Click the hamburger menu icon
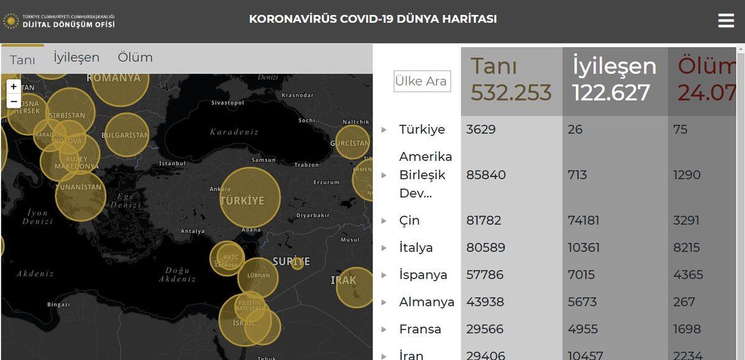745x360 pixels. tap(726, 20)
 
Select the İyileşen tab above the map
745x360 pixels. tap(76, 57)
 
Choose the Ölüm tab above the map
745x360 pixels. tap(135, 57)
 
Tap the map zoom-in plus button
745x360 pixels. tap(14, 87)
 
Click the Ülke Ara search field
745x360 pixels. tap(421, 81)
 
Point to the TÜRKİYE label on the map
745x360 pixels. tap(242, 201)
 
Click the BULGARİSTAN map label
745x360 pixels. tap(125, 135)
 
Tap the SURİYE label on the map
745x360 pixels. tap(291, 261)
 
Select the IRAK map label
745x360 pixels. tap(343, 281)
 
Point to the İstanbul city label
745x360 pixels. tap(173, 163)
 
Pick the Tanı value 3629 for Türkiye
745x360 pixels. tap(481, 130)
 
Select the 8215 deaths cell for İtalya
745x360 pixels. tap(687, 248)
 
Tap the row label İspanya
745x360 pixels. tap(423, 275)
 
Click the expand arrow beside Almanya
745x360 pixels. tap(384, 302)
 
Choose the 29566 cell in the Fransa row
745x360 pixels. tap(485, 329)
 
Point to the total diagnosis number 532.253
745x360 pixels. tap(511, 92)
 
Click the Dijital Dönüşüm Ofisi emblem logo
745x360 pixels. tap(11, 20)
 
